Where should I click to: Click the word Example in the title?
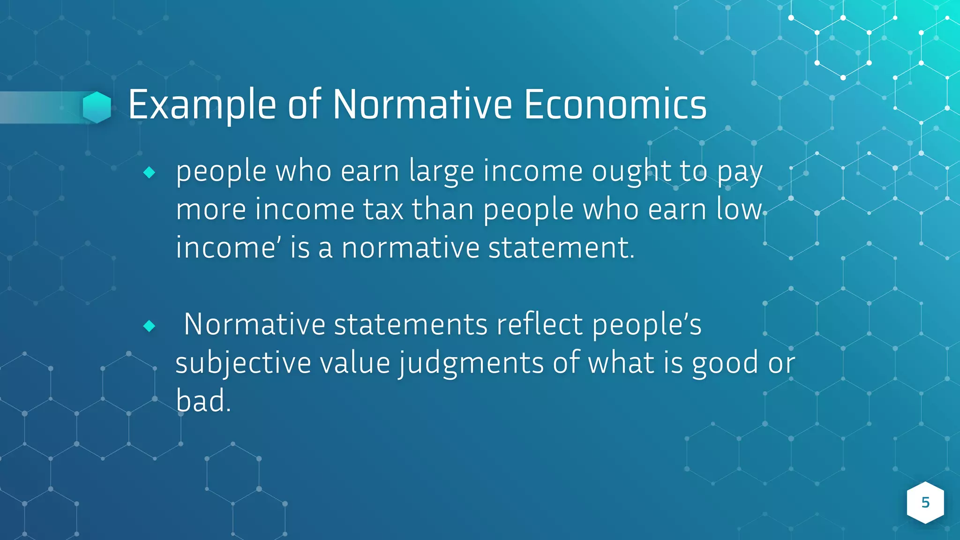pos(202,105)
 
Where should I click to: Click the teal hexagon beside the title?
pos(97,107)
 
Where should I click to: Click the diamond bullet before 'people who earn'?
pos(149,172)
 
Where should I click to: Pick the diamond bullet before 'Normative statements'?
pos(149,326)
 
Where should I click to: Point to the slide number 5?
pos(925,502)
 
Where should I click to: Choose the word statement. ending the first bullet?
pos(561,247)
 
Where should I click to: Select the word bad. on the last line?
pos(203,402)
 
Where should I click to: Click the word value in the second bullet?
pos(355,363)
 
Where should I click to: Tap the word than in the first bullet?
pos(443,210)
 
